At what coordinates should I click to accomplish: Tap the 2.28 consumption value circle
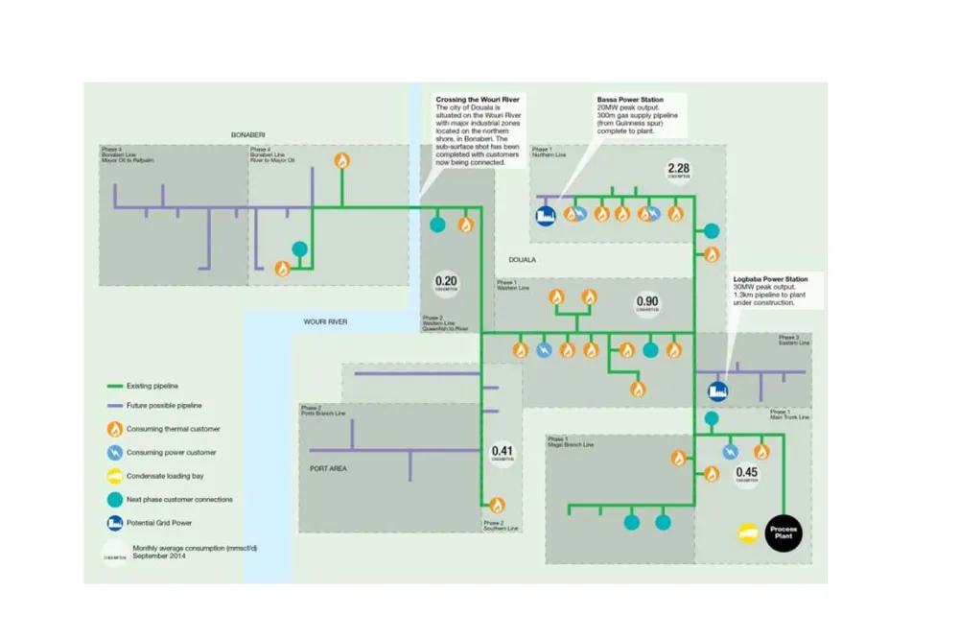(679, 172)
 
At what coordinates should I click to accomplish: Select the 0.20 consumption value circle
(446, 285)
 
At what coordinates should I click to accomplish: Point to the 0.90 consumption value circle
(647, 304)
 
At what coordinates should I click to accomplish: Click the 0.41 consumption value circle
(503, 454)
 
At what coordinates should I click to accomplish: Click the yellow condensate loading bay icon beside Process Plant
(747, 532)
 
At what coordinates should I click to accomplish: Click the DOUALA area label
(523, 260)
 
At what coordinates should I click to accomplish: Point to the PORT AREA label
(329, 469)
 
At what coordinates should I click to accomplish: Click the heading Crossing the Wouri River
(475, 99)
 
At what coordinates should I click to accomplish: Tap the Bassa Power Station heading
(630, 99)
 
